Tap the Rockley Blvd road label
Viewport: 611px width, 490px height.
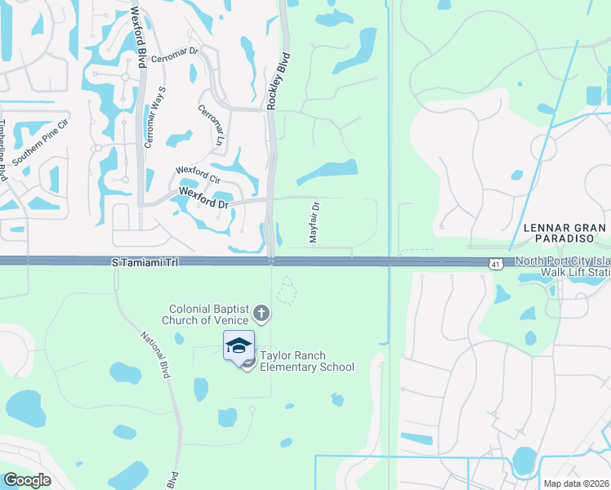click(279, 81)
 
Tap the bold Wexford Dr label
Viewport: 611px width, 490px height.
click(203, 198)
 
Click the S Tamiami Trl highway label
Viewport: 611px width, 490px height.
click(144, 262)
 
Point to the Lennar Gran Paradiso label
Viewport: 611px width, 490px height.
click(566, 233)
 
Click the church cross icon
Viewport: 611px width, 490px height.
click(261, 313)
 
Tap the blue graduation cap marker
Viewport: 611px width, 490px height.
click(239, 346)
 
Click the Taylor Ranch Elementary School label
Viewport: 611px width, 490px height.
click(306, 362)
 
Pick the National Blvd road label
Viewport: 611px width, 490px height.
click(158, 354)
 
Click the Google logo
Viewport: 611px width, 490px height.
click(27, 480)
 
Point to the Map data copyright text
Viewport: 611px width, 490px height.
click(577, 483)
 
